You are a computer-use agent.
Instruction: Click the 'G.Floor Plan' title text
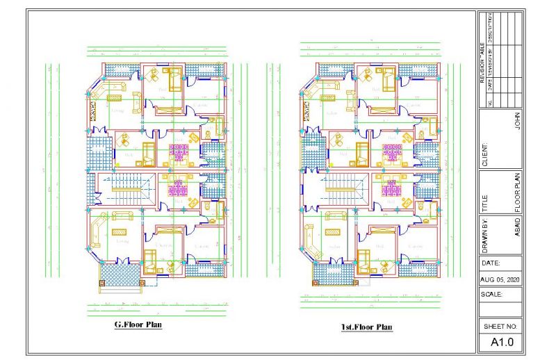pos(138,325)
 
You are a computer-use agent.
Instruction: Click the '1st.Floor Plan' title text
pos(366,327)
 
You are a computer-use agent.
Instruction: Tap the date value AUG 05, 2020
pos(500,279)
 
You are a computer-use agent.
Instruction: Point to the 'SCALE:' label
pos(492,294)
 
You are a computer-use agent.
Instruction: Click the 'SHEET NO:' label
pos(500,326)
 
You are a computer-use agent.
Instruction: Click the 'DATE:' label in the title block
pos(491,263)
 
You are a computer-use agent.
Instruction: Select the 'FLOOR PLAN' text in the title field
pos(516,192)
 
